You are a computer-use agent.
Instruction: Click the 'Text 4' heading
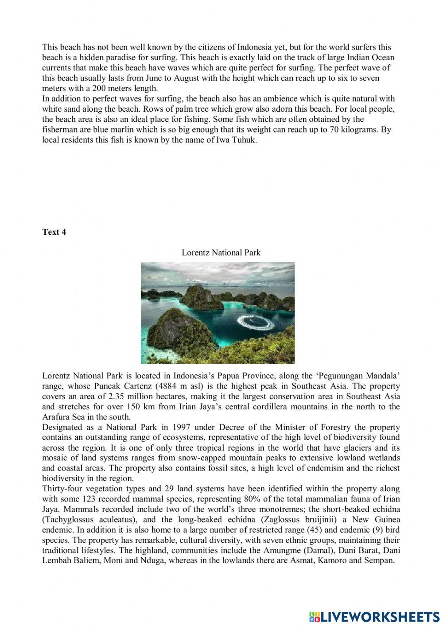pyautogui.click(x=54, y=232)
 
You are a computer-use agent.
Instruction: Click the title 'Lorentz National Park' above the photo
pyautogui.click(x=221, y=253)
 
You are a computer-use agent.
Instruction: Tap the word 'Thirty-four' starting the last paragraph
pyautogui.click(x=60, y=489)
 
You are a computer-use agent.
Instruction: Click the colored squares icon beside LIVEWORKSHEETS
pyautogui.click(x=314, y=616)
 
